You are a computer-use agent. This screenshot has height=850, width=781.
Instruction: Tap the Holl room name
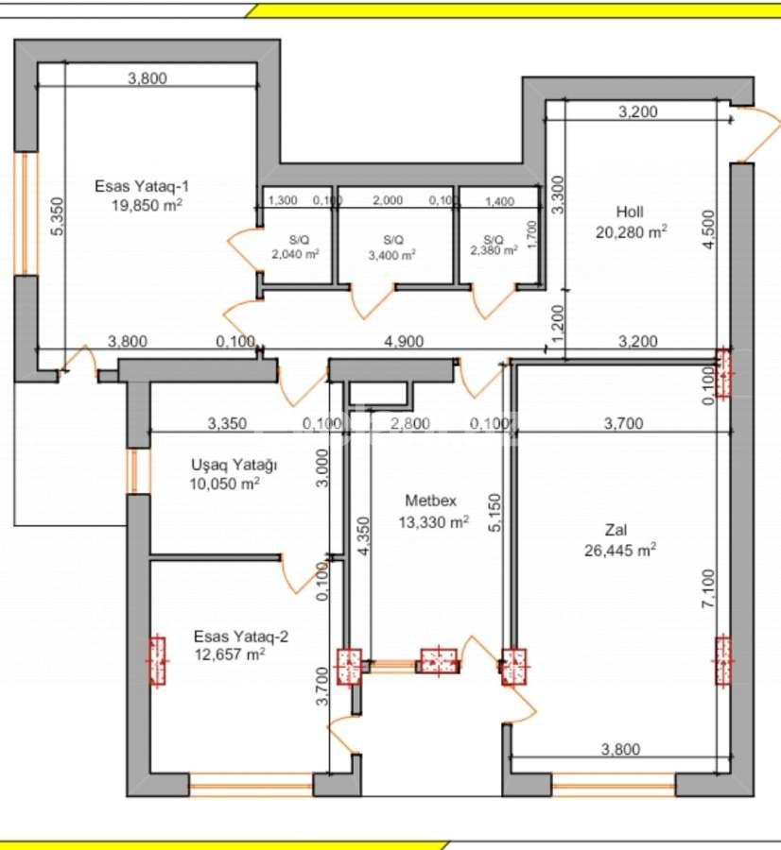pyautogui.click(x=630, y=212)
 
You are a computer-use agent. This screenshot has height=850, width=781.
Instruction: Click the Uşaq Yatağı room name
pyautogui.click(x=234, y=466)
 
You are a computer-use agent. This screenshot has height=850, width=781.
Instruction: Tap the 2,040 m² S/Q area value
pyautogui.click(x=295, y=254)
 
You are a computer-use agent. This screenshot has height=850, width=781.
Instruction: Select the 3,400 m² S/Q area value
pyautogui.click(x=391, y=254)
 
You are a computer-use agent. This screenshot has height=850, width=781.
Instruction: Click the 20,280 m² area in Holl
pyautogui.click(x=632, y=229)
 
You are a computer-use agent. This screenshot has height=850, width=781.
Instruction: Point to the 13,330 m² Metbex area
pyautogui.click(x=434, y=522)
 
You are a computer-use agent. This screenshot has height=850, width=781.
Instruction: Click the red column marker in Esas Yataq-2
pyautogui.click(x=157, y=661)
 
